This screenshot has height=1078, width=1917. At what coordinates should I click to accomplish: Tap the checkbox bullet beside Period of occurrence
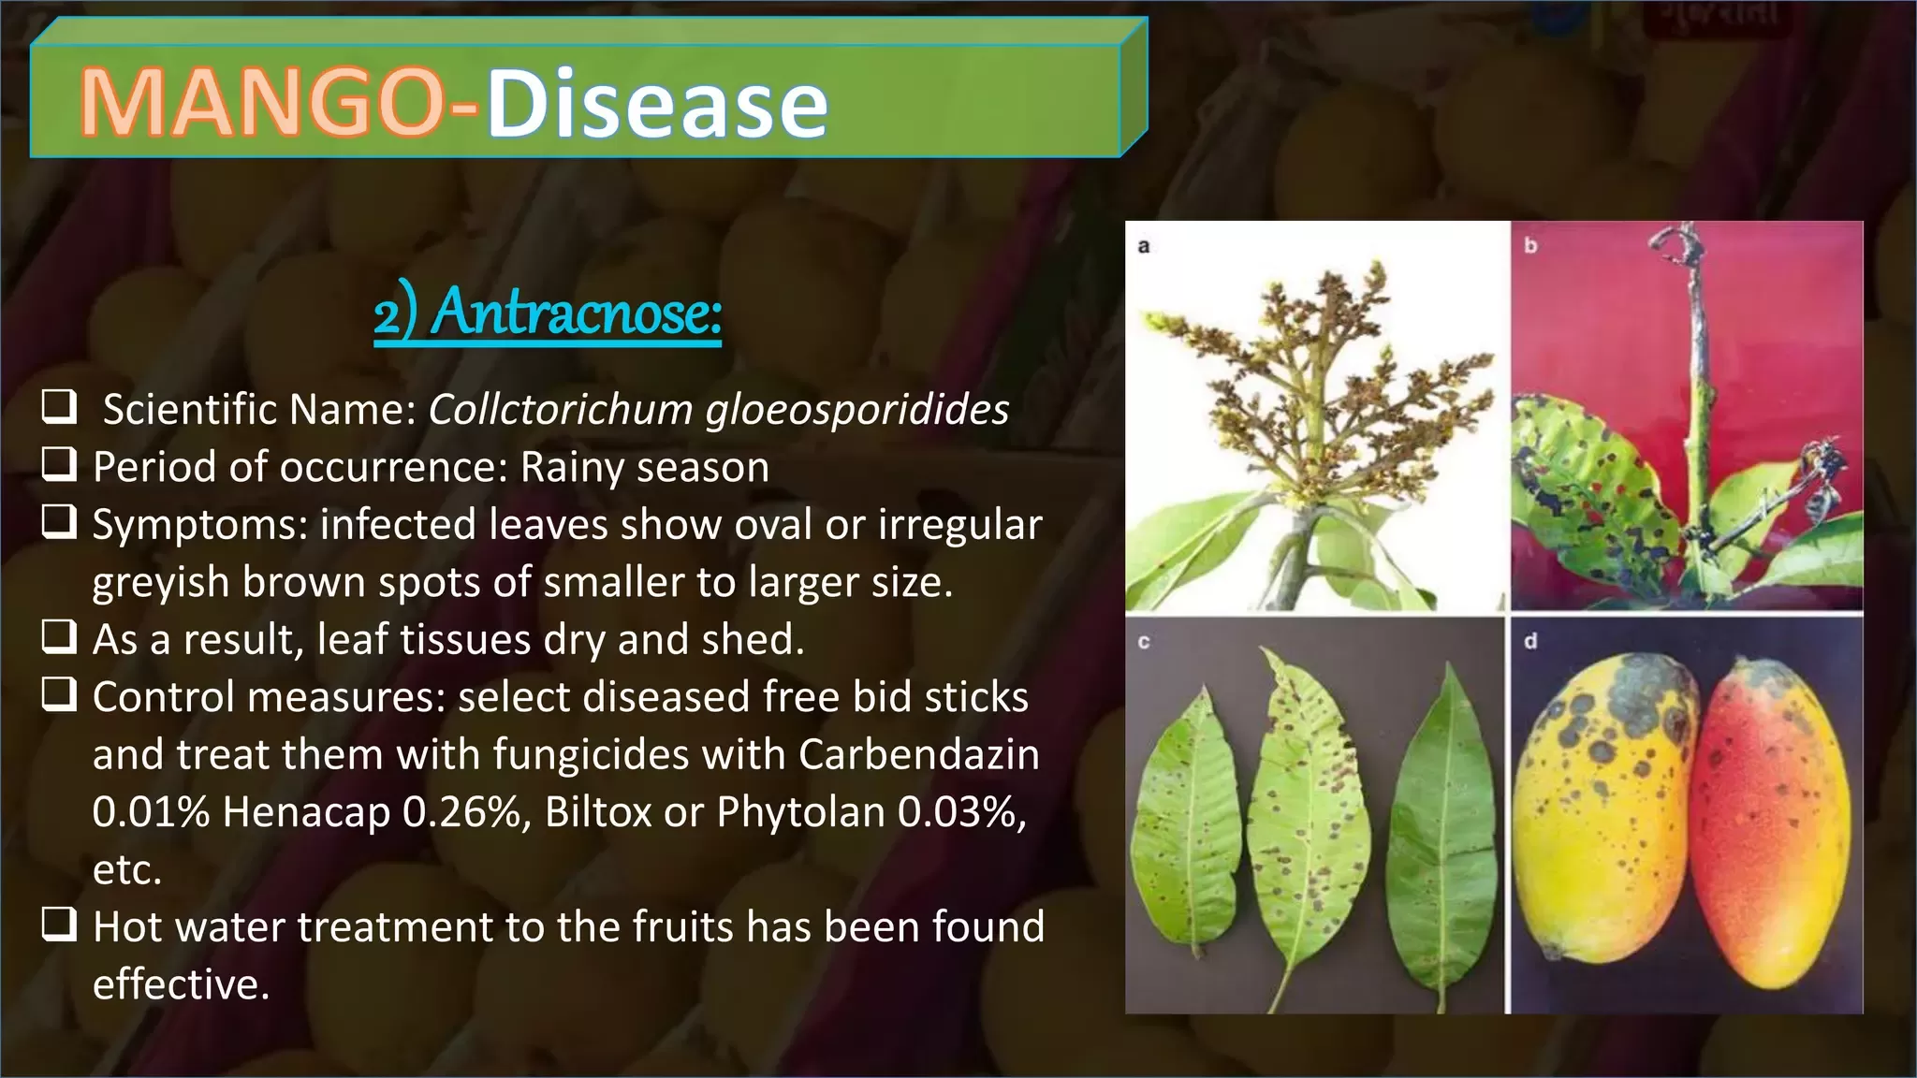click(59, 464)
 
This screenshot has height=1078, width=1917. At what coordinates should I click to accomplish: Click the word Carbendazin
click(918, 754)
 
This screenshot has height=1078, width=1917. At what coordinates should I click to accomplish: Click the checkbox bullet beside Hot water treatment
click(59, 924)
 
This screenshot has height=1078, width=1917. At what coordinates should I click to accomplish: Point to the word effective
click(181, 984)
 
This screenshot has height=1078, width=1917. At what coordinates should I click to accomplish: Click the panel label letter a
click(1143, 246)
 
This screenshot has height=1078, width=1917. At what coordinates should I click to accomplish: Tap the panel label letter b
click(1530, 245)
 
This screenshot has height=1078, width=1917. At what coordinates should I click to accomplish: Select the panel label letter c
click(1143, 643)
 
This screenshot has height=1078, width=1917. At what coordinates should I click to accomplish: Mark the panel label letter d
click(1530, 641)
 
